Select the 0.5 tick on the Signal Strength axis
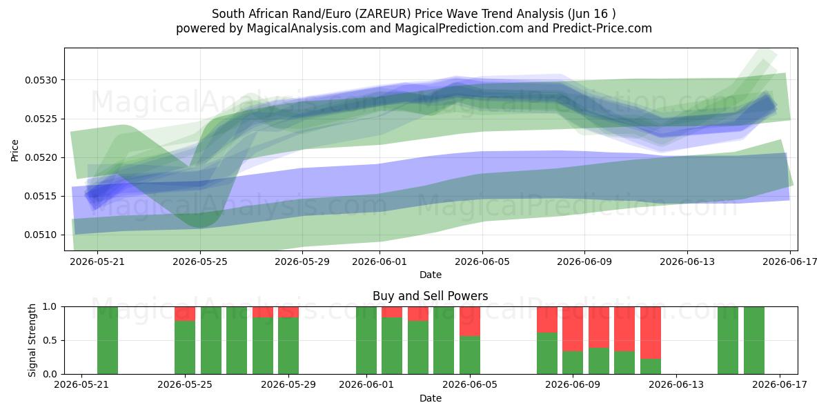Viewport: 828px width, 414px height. [x=50, y=340]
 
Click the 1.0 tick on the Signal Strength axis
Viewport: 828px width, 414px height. [x=50, y=307]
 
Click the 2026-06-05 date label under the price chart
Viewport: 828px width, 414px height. [x=482, y=262]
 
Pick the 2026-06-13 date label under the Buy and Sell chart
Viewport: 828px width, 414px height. [x=676, y=385]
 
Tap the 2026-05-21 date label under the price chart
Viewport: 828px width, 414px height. [x=97, y=262]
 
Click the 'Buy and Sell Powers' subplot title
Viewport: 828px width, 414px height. [x=431, y=296]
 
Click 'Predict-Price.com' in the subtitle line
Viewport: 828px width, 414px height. [x=602, y=28]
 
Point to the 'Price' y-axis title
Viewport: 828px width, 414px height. [x=14, y=150]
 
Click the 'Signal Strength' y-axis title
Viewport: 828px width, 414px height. [x=32, y=340]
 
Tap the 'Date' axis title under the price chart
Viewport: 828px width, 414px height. [x=431, y=275]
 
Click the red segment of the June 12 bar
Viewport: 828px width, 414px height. [x=651, y=333]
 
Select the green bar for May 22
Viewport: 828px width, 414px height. [x=108, y=340]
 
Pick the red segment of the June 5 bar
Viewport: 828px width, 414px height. [x=470, y=322]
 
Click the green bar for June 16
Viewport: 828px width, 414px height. [x=754, y=340]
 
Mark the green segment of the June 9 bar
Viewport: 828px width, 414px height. [x=573, y=363]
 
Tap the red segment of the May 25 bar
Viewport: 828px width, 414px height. [x=185, y=314]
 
